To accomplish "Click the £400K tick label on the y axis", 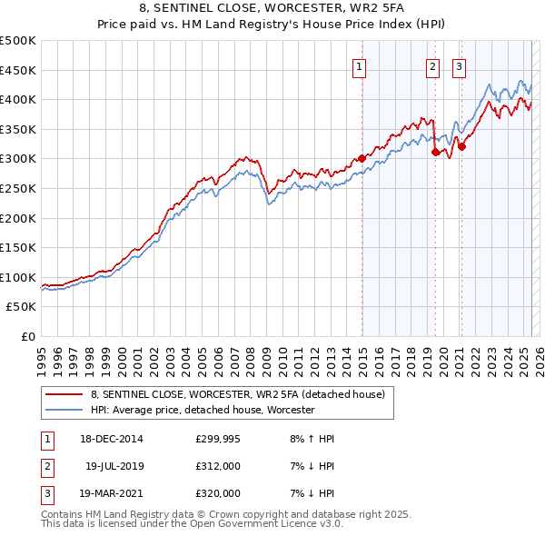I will point(18,99).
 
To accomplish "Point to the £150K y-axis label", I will point(18,247).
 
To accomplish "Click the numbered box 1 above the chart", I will point(360,65).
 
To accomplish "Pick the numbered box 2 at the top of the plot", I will point(432,65).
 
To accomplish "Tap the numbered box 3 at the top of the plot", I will point(459,65).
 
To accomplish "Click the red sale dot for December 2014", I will point(362,158).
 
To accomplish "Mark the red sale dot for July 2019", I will point(435,152).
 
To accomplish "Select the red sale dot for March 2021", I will point(461,146).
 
